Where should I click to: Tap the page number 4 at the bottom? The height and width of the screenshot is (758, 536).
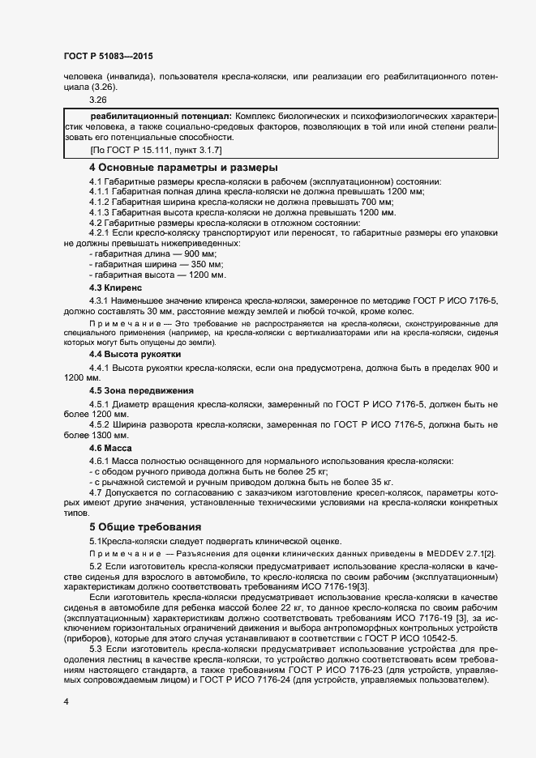(66, 701)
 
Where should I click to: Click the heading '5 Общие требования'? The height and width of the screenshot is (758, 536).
(144, 526)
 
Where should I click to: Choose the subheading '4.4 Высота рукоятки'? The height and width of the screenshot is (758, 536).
(135, 355)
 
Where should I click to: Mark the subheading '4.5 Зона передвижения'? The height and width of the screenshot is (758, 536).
(141, 390)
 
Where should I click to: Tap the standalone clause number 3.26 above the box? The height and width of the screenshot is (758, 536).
(98, 100)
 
